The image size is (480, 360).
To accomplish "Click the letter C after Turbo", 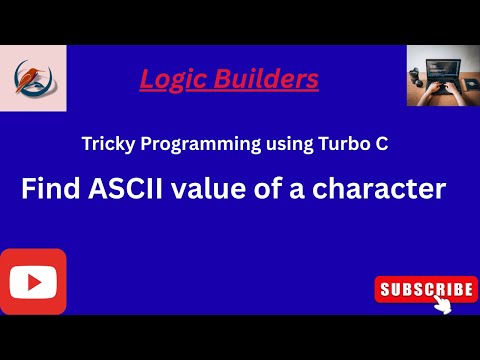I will pyautogui.click(x=381, y=144).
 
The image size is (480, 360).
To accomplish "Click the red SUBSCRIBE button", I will pyautogui.click(x=424, y=289).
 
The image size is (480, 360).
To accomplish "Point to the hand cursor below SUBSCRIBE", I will pyautogui.click(x=441, y=305).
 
